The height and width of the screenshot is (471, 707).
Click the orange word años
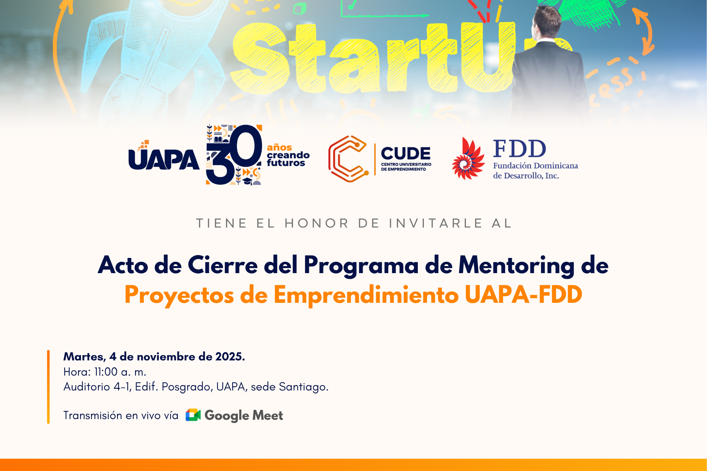[x=279, y=147]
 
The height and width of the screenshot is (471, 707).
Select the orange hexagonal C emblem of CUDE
[x=348, y=159]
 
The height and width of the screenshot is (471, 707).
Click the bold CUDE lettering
[x=405, y=154]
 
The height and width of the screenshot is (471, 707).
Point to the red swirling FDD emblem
[x=468, y=159]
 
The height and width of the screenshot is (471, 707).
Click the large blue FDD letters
[x=519, y=149]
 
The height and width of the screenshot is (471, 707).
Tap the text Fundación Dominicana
[x=535, y=166]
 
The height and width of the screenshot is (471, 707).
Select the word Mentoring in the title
[x=516, y=265]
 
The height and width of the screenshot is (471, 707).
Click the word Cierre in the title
[x=222, y=265]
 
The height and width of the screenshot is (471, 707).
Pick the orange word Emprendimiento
[x=366, y=295]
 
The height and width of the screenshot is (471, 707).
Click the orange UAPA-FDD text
[x=523, y=295]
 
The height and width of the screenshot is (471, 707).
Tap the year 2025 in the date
[x=230, y=357]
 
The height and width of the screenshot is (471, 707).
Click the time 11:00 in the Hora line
[x=106, y=372]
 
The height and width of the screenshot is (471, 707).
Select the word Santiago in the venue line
[x=303, y=387]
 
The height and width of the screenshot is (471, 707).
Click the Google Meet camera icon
[x=193, y=415]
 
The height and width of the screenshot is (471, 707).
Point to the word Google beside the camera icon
[x=227, y=416]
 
